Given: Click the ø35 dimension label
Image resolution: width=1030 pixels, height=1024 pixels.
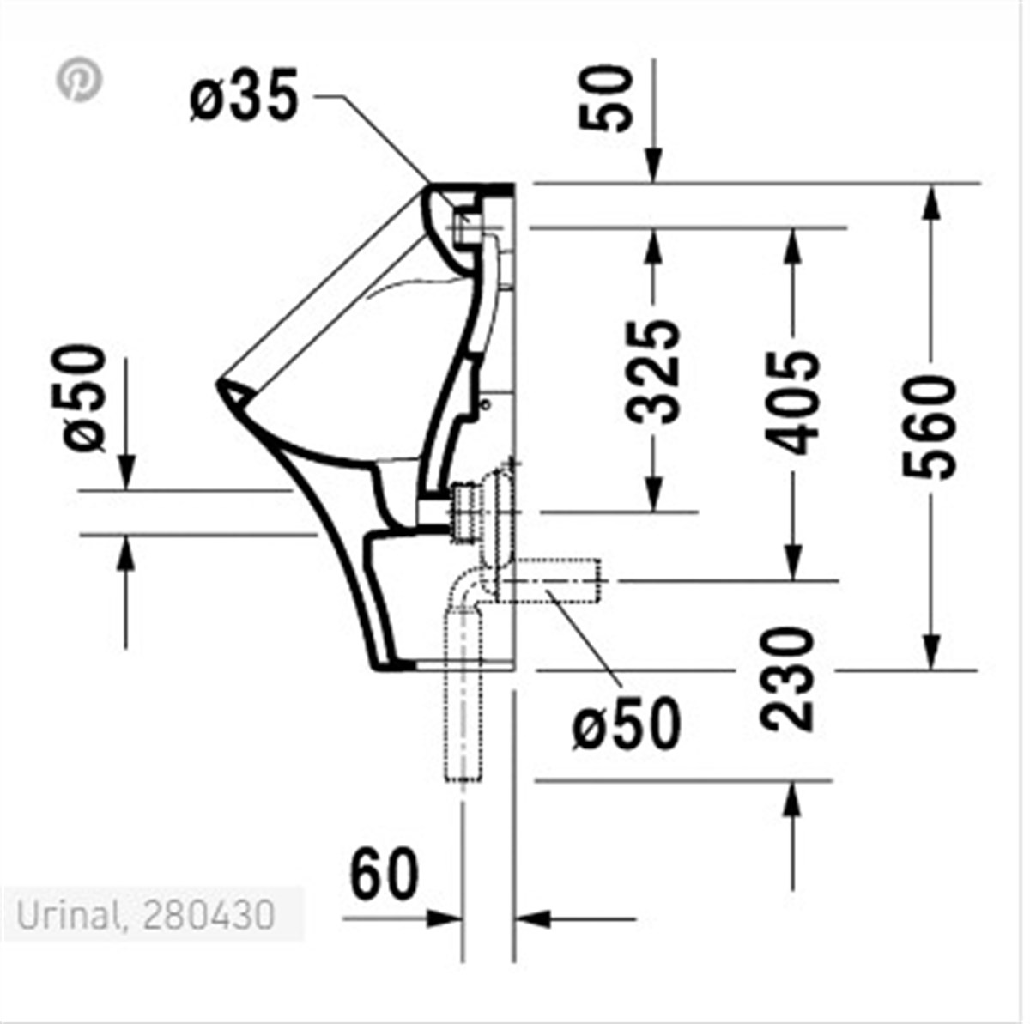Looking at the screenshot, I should click(x=245, y=97).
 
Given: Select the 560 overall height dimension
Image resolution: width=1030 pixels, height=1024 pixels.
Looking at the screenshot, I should click(x=930, y=427).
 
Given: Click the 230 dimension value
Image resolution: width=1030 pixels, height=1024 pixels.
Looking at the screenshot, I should click(x=791, y=679).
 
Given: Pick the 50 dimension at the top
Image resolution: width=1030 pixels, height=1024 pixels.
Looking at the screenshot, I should click(x=606, y=97).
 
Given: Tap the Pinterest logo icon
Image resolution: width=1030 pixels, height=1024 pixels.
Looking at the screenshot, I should click(x=80, y=80).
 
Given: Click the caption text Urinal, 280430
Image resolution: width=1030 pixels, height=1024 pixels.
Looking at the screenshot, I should click(x=146, y=915).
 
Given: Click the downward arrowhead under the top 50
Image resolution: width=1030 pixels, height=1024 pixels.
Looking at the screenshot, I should click(x=654, y=168).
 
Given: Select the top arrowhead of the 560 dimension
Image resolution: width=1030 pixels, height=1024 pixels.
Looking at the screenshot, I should click(x=930, y=201).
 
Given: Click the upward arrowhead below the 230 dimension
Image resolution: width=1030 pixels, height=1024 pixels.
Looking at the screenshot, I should click(x=792, y=798).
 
